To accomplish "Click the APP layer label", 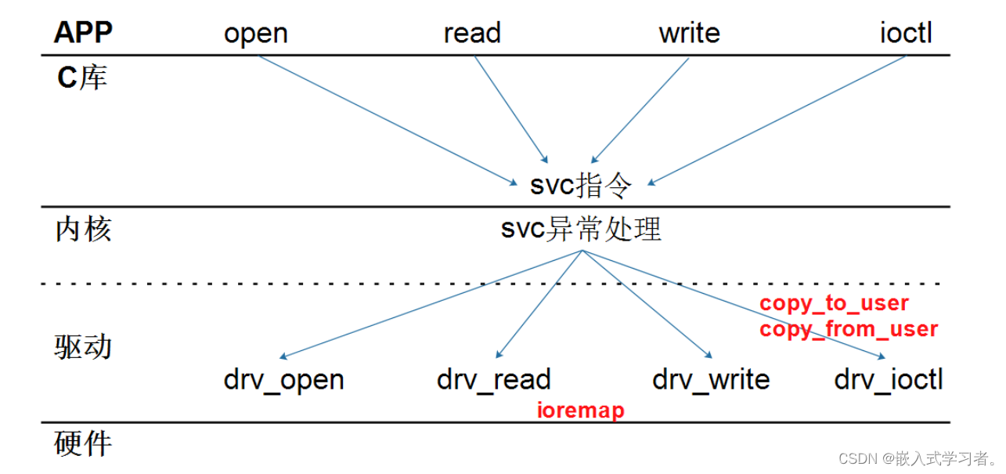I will coord(83,33).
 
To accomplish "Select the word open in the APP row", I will coord(256,34).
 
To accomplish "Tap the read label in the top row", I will coord(472,34).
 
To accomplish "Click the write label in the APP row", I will coord(689,34).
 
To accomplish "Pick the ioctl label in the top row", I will coord(906,34).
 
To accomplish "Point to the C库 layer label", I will coord(82,78).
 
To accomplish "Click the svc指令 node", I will coord(580,186).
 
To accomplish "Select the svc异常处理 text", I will coord(581,230).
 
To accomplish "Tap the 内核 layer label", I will coord(83,230).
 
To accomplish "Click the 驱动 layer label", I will coord(83,346).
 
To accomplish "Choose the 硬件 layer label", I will coord(83,443).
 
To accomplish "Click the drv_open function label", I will coord(283,380).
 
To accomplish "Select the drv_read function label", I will coord(494,380).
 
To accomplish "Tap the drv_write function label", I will coord(711,380).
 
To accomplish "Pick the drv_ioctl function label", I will coord(889,380).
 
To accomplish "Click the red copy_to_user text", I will coord(834,303).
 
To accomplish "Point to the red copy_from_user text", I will coord(848,329).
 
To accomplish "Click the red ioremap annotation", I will coord(580,410).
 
